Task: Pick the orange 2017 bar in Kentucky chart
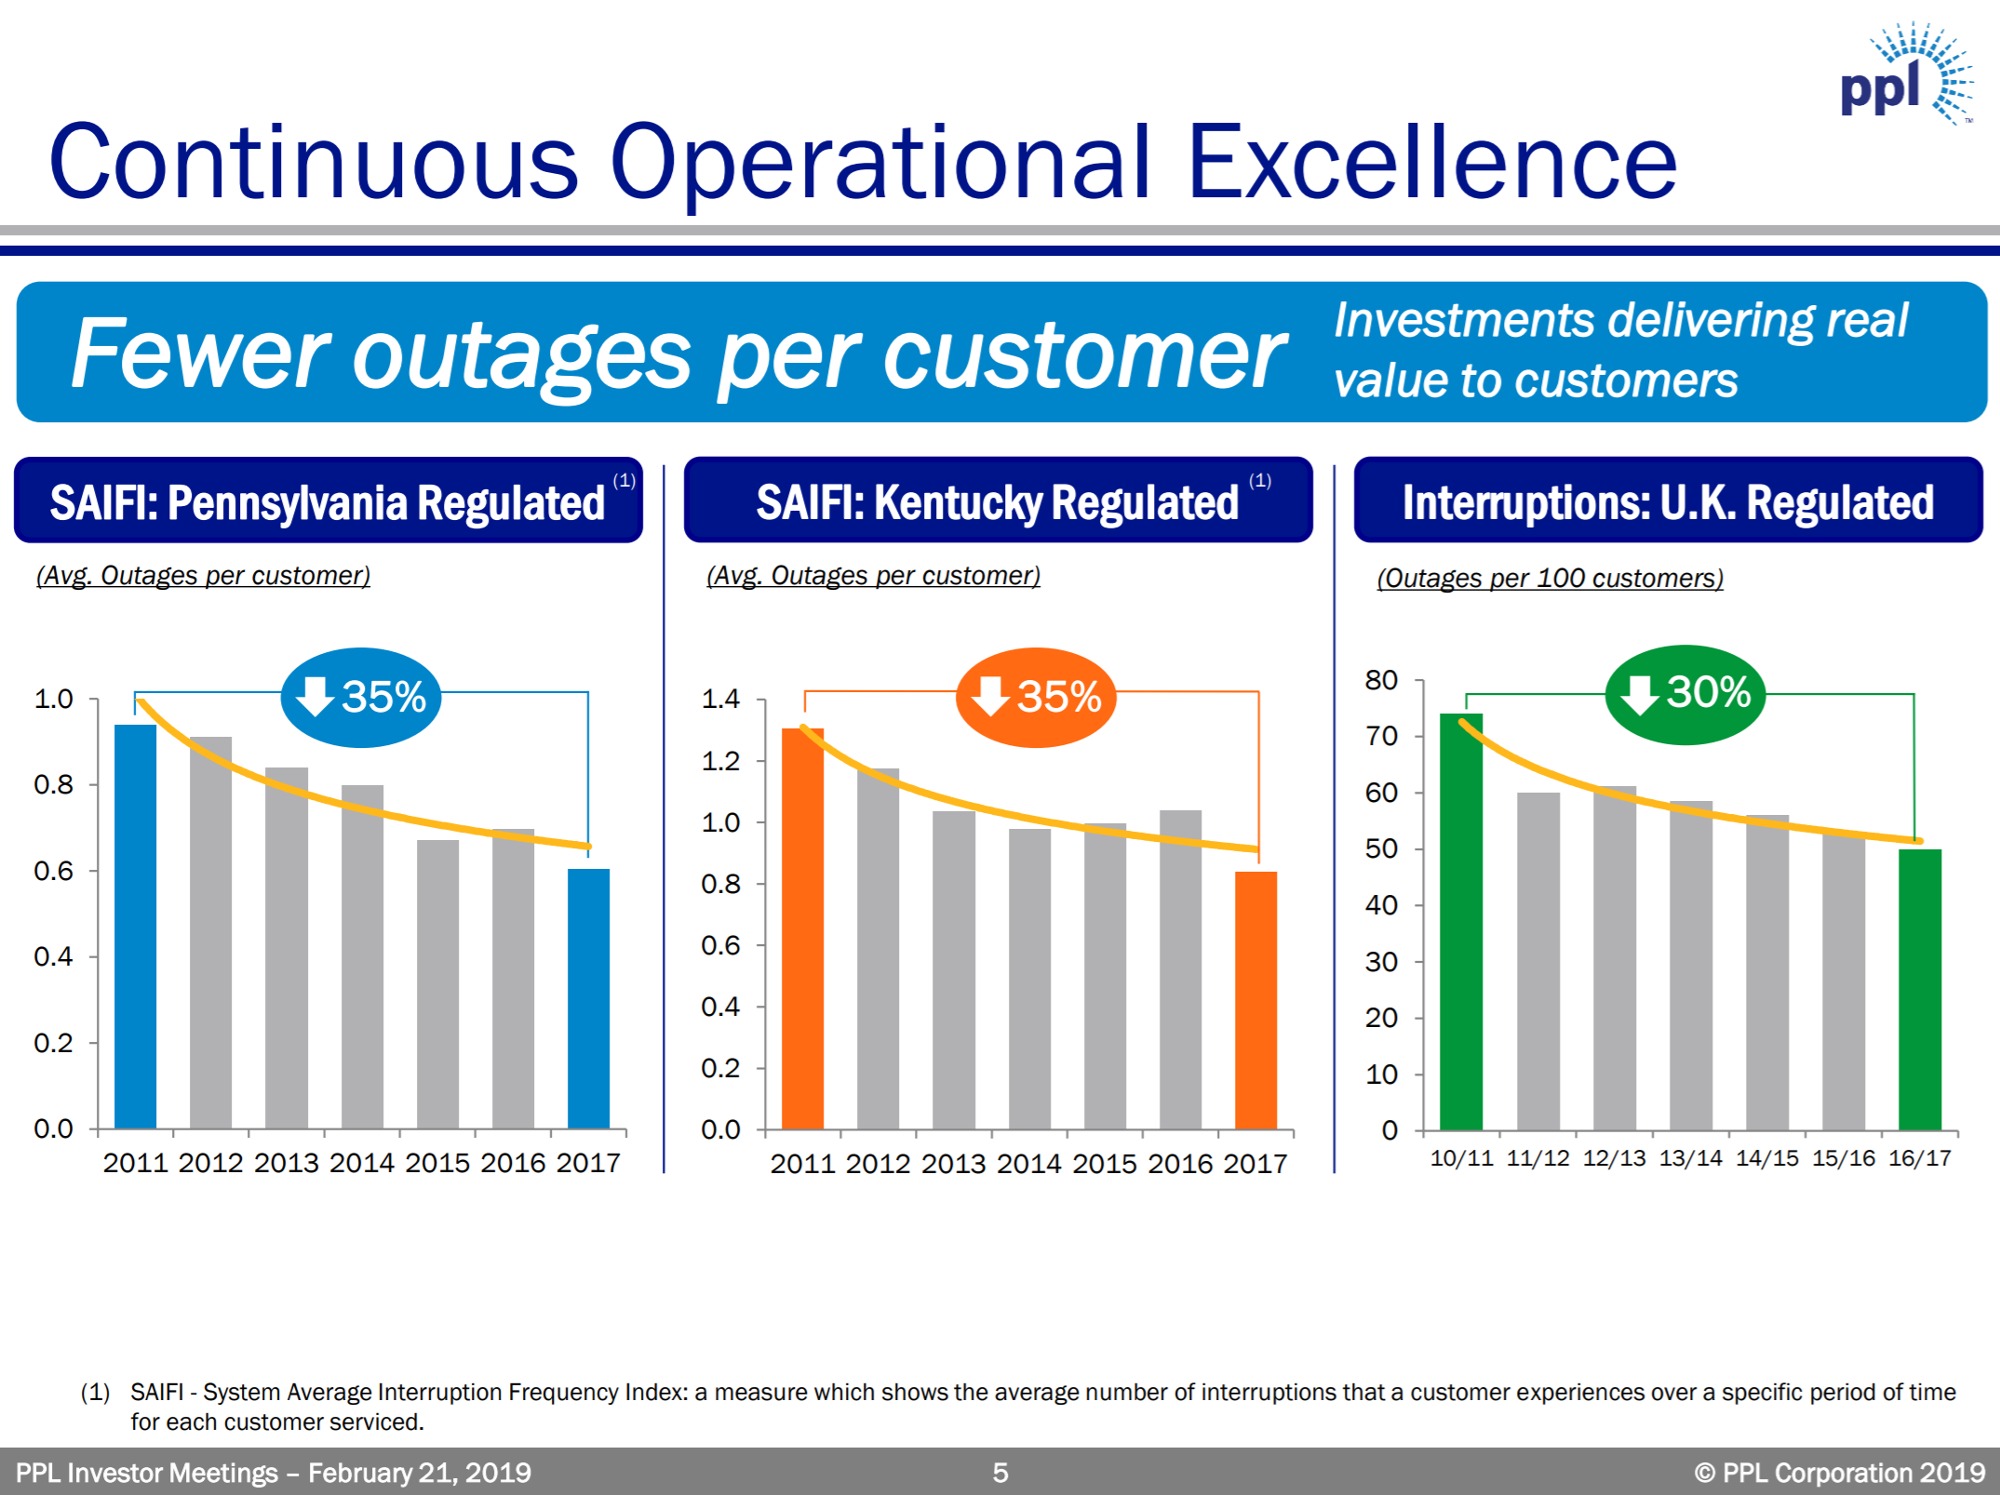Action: tap(1255, 1000)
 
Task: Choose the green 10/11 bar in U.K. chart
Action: tap(1460, 921)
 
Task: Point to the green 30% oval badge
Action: tap(1685, 694)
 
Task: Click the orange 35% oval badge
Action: tap(1036, 697)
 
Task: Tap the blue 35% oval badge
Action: tap(361, 697)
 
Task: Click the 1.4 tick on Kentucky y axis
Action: tap(720, 699)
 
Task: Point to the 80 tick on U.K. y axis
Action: tap(1381, 680)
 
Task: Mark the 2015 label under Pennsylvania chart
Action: tap(437, 1163)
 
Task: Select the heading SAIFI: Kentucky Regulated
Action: tap(997, 502)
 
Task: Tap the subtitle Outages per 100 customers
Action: tap(1550, 578)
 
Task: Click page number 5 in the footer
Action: tap(1000, 1473)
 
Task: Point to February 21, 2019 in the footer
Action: tap(420, 1473)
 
